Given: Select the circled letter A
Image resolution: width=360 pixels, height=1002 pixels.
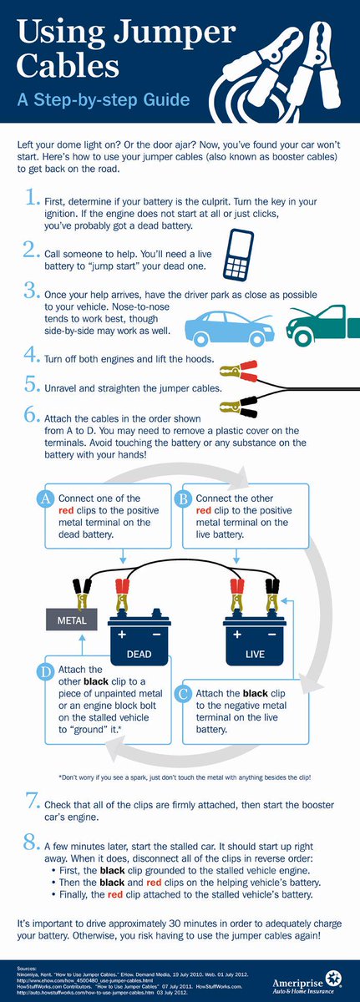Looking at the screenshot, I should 47,498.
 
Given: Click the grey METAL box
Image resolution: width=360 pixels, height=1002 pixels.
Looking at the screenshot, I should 72,621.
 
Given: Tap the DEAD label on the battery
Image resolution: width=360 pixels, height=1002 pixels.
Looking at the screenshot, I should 139,654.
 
